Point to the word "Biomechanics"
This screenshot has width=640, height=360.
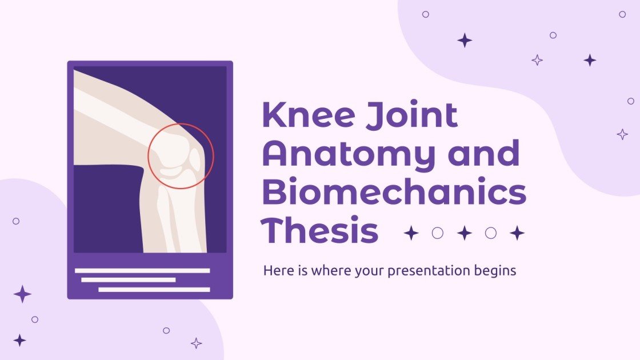(x=394, y=193)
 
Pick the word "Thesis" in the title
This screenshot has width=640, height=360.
(x=320, y=231)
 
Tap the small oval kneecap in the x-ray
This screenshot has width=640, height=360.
(x=195, y=161)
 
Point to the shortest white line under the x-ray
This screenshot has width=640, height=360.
(x=128, y=280)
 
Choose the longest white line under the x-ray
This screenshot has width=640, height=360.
(x=142, y=270)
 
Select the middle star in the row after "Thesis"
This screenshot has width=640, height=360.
(x=464, y=233)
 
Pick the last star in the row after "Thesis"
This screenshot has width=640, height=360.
(x=517, y=233)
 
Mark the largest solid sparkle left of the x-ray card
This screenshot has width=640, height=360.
(x=22, y=294)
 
